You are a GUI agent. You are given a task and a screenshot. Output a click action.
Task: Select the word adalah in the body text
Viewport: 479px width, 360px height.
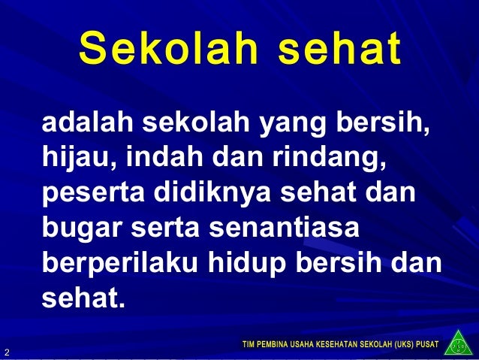pos(83,122)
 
